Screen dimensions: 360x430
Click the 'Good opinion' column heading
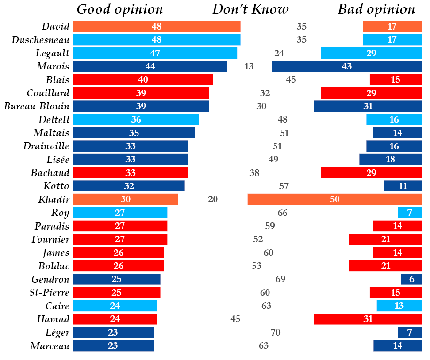(x=120, y=9)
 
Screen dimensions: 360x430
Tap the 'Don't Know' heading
(x=250, y=9)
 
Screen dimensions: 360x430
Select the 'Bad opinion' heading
(x=376, y=9)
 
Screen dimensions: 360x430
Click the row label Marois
(x=53, y=66)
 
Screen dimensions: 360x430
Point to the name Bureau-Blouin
(x=37, y=106)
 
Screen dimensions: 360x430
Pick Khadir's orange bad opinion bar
(x=335, y=199)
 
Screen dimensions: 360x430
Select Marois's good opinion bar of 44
(x=150, y=66)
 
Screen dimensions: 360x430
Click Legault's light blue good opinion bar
(x=155, y=53)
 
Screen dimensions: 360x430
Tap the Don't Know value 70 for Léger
(x=276, y=333)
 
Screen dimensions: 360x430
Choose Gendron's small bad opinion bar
(x=411, y=279)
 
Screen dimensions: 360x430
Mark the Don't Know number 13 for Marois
(x=249, y=66)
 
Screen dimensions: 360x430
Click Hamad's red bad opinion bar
(x=368, y=319)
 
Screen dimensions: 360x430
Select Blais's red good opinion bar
(x=143, y=79)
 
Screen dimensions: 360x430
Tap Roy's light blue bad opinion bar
(x=409, y=213)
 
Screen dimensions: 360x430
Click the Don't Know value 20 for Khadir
(x=213, y=199)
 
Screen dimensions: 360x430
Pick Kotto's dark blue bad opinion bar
(x=402, y=186)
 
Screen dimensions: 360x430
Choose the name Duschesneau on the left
(x=40, y=40)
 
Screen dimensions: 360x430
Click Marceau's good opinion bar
(x=113, y=346)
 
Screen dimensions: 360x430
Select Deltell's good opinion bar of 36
(x=136, y=119)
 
